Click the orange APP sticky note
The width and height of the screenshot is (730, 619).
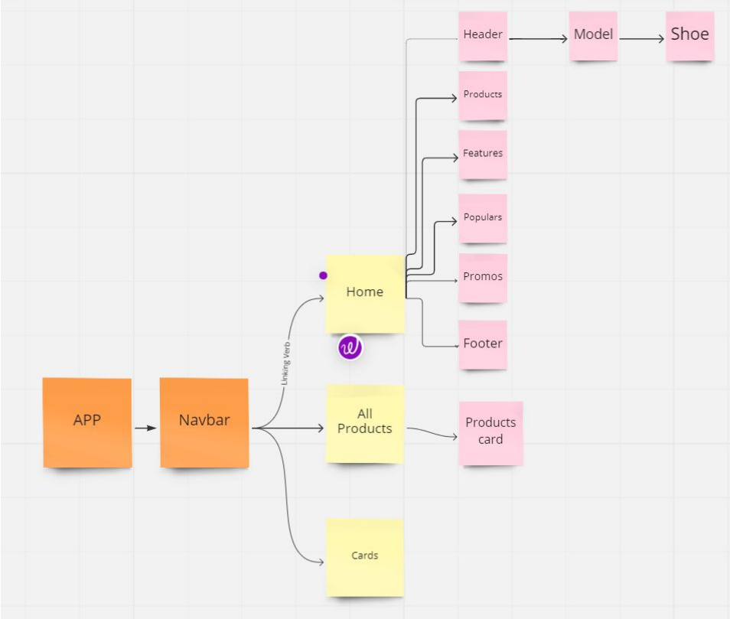[x=87, y=422]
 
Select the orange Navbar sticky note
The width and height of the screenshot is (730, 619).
[x=204, y=422]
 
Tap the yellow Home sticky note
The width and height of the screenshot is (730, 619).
[x=365, y=293]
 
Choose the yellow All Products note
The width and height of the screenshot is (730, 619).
[x=365, y=423]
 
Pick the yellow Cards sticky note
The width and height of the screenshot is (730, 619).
[x=365, y=556]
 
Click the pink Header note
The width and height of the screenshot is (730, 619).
[x=483, y=36]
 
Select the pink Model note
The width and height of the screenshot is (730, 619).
[x=593, y=36]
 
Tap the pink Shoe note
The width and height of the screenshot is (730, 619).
[x=689, y=35]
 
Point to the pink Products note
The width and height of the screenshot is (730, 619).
[x=483, y=96]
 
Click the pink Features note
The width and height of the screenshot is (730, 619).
[x=483, y=155]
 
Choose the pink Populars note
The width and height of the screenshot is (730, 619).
[x=483, y=218]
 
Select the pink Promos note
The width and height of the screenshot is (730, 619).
[x=483, y=278]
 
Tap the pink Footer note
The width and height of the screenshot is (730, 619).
[x=483, y=344]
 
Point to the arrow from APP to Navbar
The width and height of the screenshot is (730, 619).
[x=145, y=428]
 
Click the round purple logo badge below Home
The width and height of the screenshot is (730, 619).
[x=350, y=347]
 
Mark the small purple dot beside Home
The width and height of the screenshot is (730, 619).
[x=323, y=275]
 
